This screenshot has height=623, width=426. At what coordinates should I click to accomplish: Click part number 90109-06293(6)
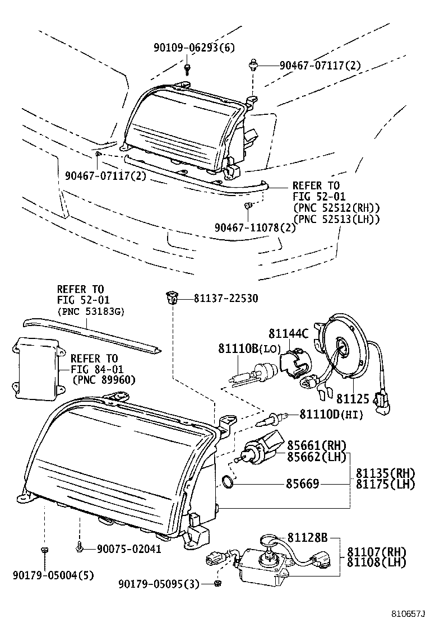(x=194, y=48)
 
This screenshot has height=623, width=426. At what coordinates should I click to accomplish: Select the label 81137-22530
(x=219, y=299)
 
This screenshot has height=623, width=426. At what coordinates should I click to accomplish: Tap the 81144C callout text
(x=288, y=334)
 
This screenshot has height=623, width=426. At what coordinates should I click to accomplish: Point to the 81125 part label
(x=353, y=398)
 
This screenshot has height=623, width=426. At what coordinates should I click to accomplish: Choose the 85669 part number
(x=303, y=483)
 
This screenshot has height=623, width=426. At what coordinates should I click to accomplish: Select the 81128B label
(x=308, y=538)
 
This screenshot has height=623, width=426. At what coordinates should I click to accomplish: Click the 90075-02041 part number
(x=129, y=549)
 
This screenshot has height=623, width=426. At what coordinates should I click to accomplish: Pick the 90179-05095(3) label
(x=159, y=584)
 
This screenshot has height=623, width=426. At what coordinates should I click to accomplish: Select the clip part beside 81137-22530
(x=171, y=297)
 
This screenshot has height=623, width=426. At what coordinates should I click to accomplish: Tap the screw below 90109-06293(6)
(x=187, y=68)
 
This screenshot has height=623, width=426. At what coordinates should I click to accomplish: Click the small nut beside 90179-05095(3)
(x=218, y=584)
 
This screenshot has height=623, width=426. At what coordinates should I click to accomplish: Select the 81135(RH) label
(x=386, y=472)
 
